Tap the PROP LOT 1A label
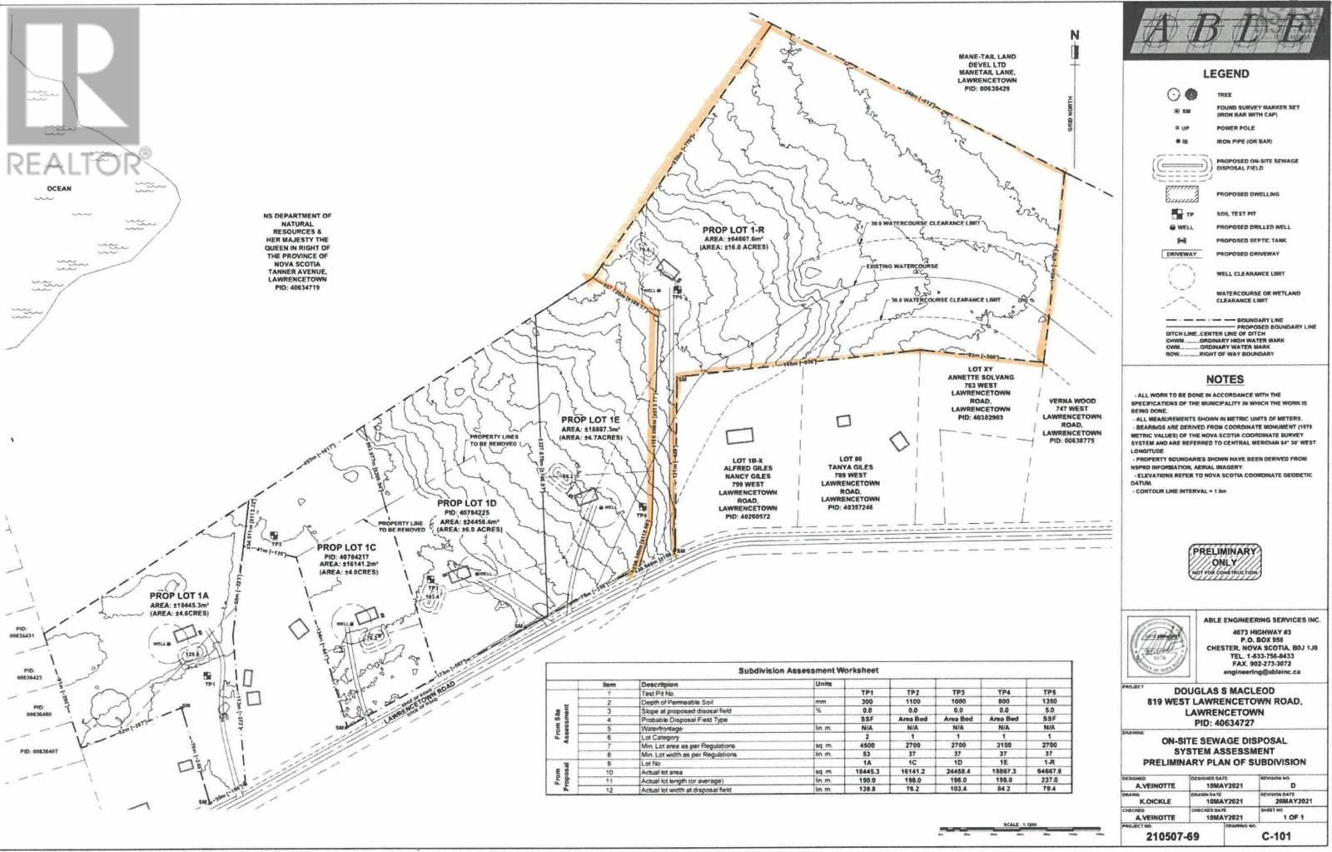click(x=179, y=595)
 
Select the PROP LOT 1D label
click(x=466, y=504)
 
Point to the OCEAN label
click(x=59, y=188)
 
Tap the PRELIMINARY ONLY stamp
click(x=1224, y=561)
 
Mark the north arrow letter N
click(x=1074, y=35)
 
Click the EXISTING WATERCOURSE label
click(x=892, y=267)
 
